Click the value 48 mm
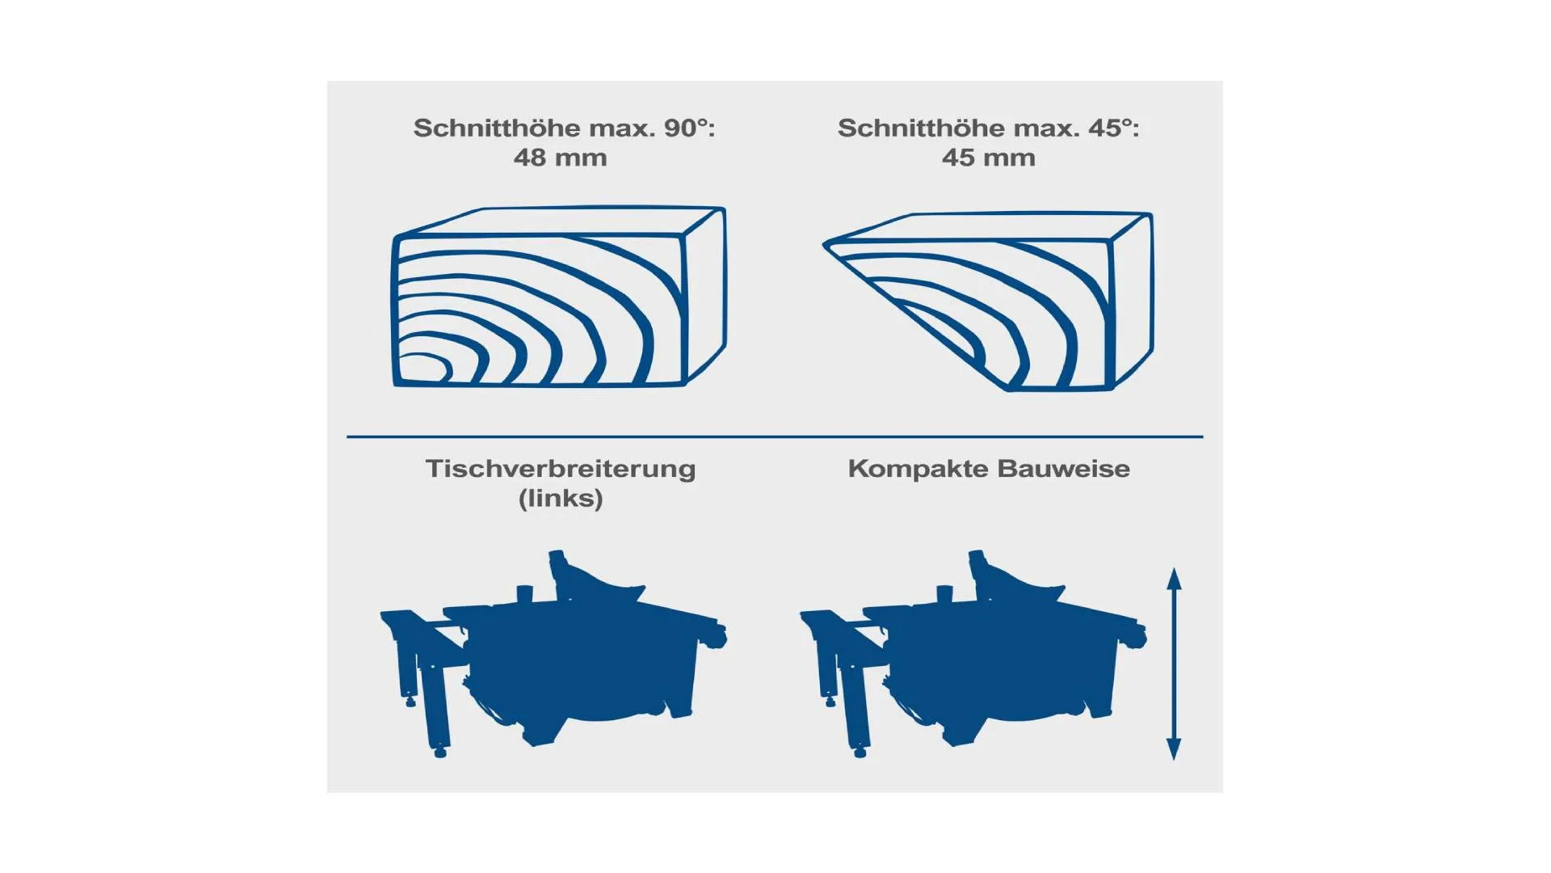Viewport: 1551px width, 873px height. (560, 158)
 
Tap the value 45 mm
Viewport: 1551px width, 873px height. (988, 158)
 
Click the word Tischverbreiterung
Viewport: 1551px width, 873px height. (561, 470)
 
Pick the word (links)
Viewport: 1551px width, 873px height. (561, 498)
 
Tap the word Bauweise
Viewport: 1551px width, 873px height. (1064, 469)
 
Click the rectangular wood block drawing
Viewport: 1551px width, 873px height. (559, 297)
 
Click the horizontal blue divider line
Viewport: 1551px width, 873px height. (775, 436)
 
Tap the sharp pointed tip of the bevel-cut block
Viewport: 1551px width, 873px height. (825, 244)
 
